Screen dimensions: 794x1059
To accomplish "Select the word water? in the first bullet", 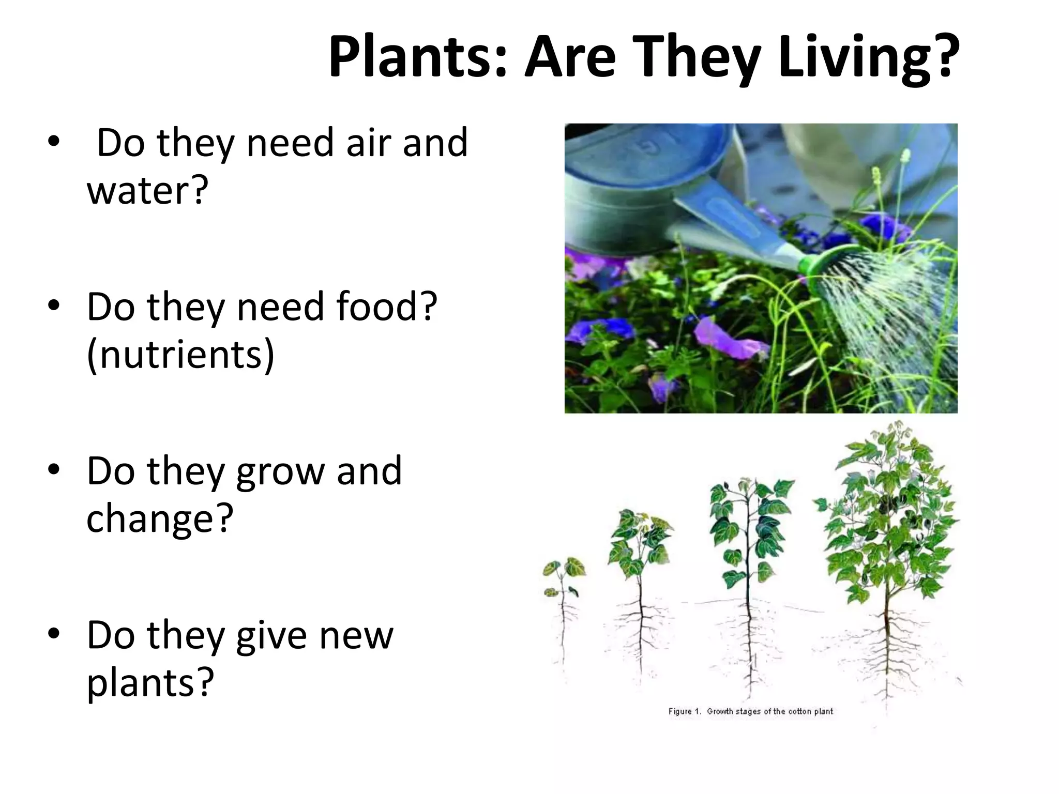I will tap(147, 190).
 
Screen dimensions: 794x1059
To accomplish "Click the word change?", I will tap(160, 518).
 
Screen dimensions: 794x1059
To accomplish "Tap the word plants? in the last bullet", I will tap(150, 682).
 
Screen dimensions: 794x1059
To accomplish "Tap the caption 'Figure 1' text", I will tap(684, 712).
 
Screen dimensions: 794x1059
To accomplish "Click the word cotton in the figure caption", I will tap(800, 712).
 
